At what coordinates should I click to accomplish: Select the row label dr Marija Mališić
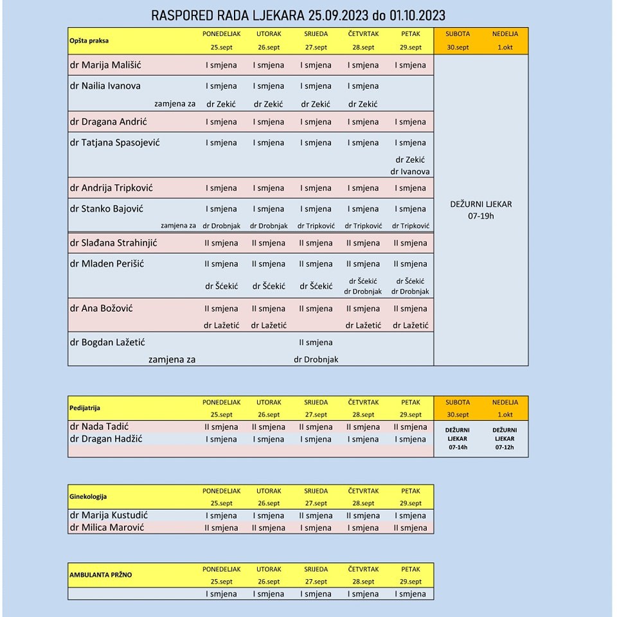pyautogui.click(x=105, y=65)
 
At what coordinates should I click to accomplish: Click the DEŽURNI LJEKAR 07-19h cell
pyautogui.click(x=481, y=210)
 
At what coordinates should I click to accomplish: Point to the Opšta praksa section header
pyautogui.click(x=89, y=40)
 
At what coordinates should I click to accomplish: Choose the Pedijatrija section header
pyautogui.click(x=85, y=408)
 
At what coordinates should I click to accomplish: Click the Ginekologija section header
pyautogui.click(x=88, y=497)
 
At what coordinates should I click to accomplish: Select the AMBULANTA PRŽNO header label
pyautogui.click(x=100, y=575)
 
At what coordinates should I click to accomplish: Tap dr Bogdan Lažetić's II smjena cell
pyautogui.click(x=316, y=343)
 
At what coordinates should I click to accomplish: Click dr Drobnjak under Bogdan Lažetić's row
pyautogui.click(x=316, y=360)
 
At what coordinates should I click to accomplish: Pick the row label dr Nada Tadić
pyautogui.click(x=100, y=427)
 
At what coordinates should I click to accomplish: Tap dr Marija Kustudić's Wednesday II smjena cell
pyautogui.click(x=316, y=515)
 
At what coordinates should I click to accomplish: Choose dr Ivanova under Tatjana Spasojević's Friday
pyautogui.click(x=410, y=172)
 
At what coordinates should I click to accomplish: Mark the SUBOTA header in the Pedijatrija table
pyautogui.click(x=458, y=402)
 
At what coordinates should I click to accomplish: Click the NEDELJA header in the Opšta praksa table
pyautogui.click(x=505, y=33)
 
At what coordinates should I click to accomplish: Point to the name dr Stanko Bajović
pyautogui.click(x=106, y=208)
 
